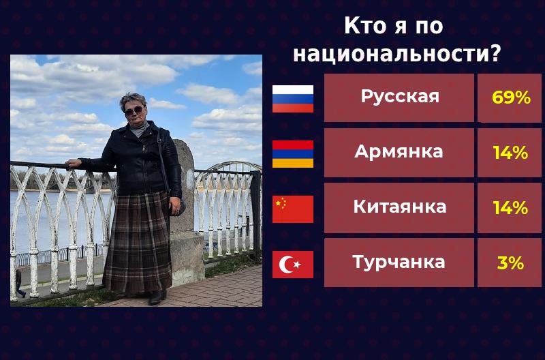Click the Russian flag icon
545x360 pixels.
[293, 98]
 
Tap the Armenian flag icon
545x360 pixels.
[293, 153]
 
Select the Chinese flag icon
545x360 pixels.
[293, 209]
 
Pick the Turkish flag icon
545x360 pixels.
[293, 264]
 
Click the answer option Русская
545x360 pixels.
[399, 97]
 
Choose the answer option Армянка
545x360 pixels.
[399, 152]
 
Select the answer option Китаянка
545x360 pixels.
[399, 207]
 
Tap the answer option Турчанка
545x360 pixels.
[399, 262]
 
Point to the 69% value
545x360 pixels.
[510, 98]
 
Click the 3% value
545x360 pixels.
[510, 263]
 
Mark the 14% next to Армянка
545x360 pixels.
[510, 153]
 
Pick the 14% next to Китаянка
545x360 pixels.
[510, 208]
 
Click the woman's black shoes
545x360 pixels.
[157, 297]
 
